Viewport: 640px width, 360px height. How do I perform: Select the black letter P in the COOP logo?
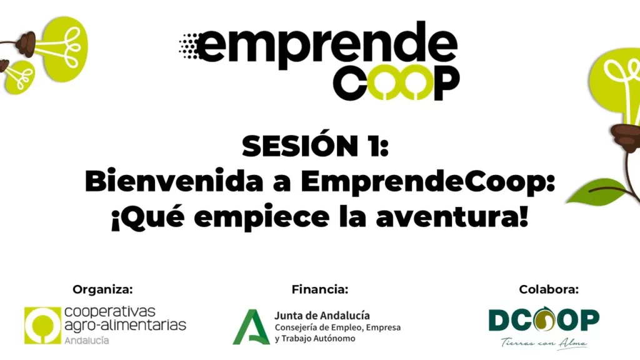[x=446, y=83]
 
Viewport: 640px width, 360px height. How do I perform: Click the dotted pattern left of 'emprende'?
[x=189, y=46]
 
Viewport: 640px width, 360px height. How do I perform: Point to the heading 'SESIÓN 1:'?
[x=316, y=146]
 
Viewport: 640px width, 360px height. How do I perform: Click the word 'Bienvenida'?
[x=174, y=181]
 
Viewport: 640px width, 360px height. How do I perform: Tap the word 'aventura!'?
[x=452, y=217]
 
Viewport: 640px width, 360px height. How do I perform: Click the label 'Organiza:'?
[x=103, y=290]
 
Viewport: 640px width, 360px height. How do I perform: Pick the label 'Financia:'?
[x=320, y=290]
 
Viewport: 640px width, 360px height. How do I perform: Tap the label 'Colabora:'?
[x=549, y=290]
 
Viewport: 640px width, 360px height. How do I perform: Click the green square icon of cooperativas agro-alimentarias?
[x=42, y=325]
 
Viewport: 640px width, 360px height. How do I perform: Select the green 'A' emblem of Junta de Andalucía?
[x=251, y=327]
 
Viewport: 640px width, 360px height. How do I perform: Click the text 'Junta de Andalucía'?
[x=322, y=316]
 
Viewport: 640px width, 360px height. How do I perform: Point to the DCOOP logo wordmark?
[x=544, y=319]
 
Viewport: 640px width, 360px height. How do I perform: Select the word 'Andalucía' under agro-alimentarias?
[x=86, y=341]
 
